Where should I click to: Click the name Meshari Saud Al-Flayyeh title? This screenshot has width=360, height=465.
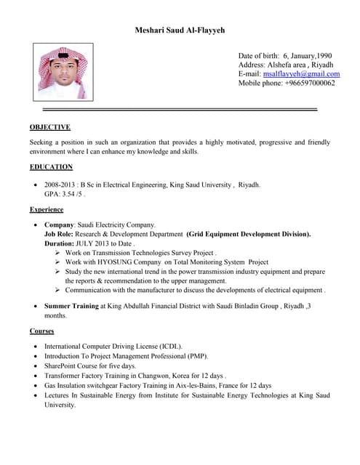(180, 31)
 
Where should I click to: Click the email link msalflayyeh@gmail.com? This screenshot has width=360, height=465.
(301, 73)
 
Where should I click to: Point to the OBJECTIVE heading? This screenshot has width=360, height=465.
(49, 126)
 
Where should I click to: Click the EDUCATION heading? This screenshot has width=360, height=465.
(51, 167)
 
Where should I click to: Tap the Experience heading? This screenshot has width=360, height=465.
(47, 209)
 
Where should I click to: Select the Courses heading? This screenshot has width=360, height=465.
(41, 331)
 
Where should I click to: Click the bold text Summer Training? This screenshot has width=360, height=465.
(71, 307)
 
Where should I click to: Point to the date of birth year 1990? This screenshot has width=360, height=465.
(323, 55)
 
